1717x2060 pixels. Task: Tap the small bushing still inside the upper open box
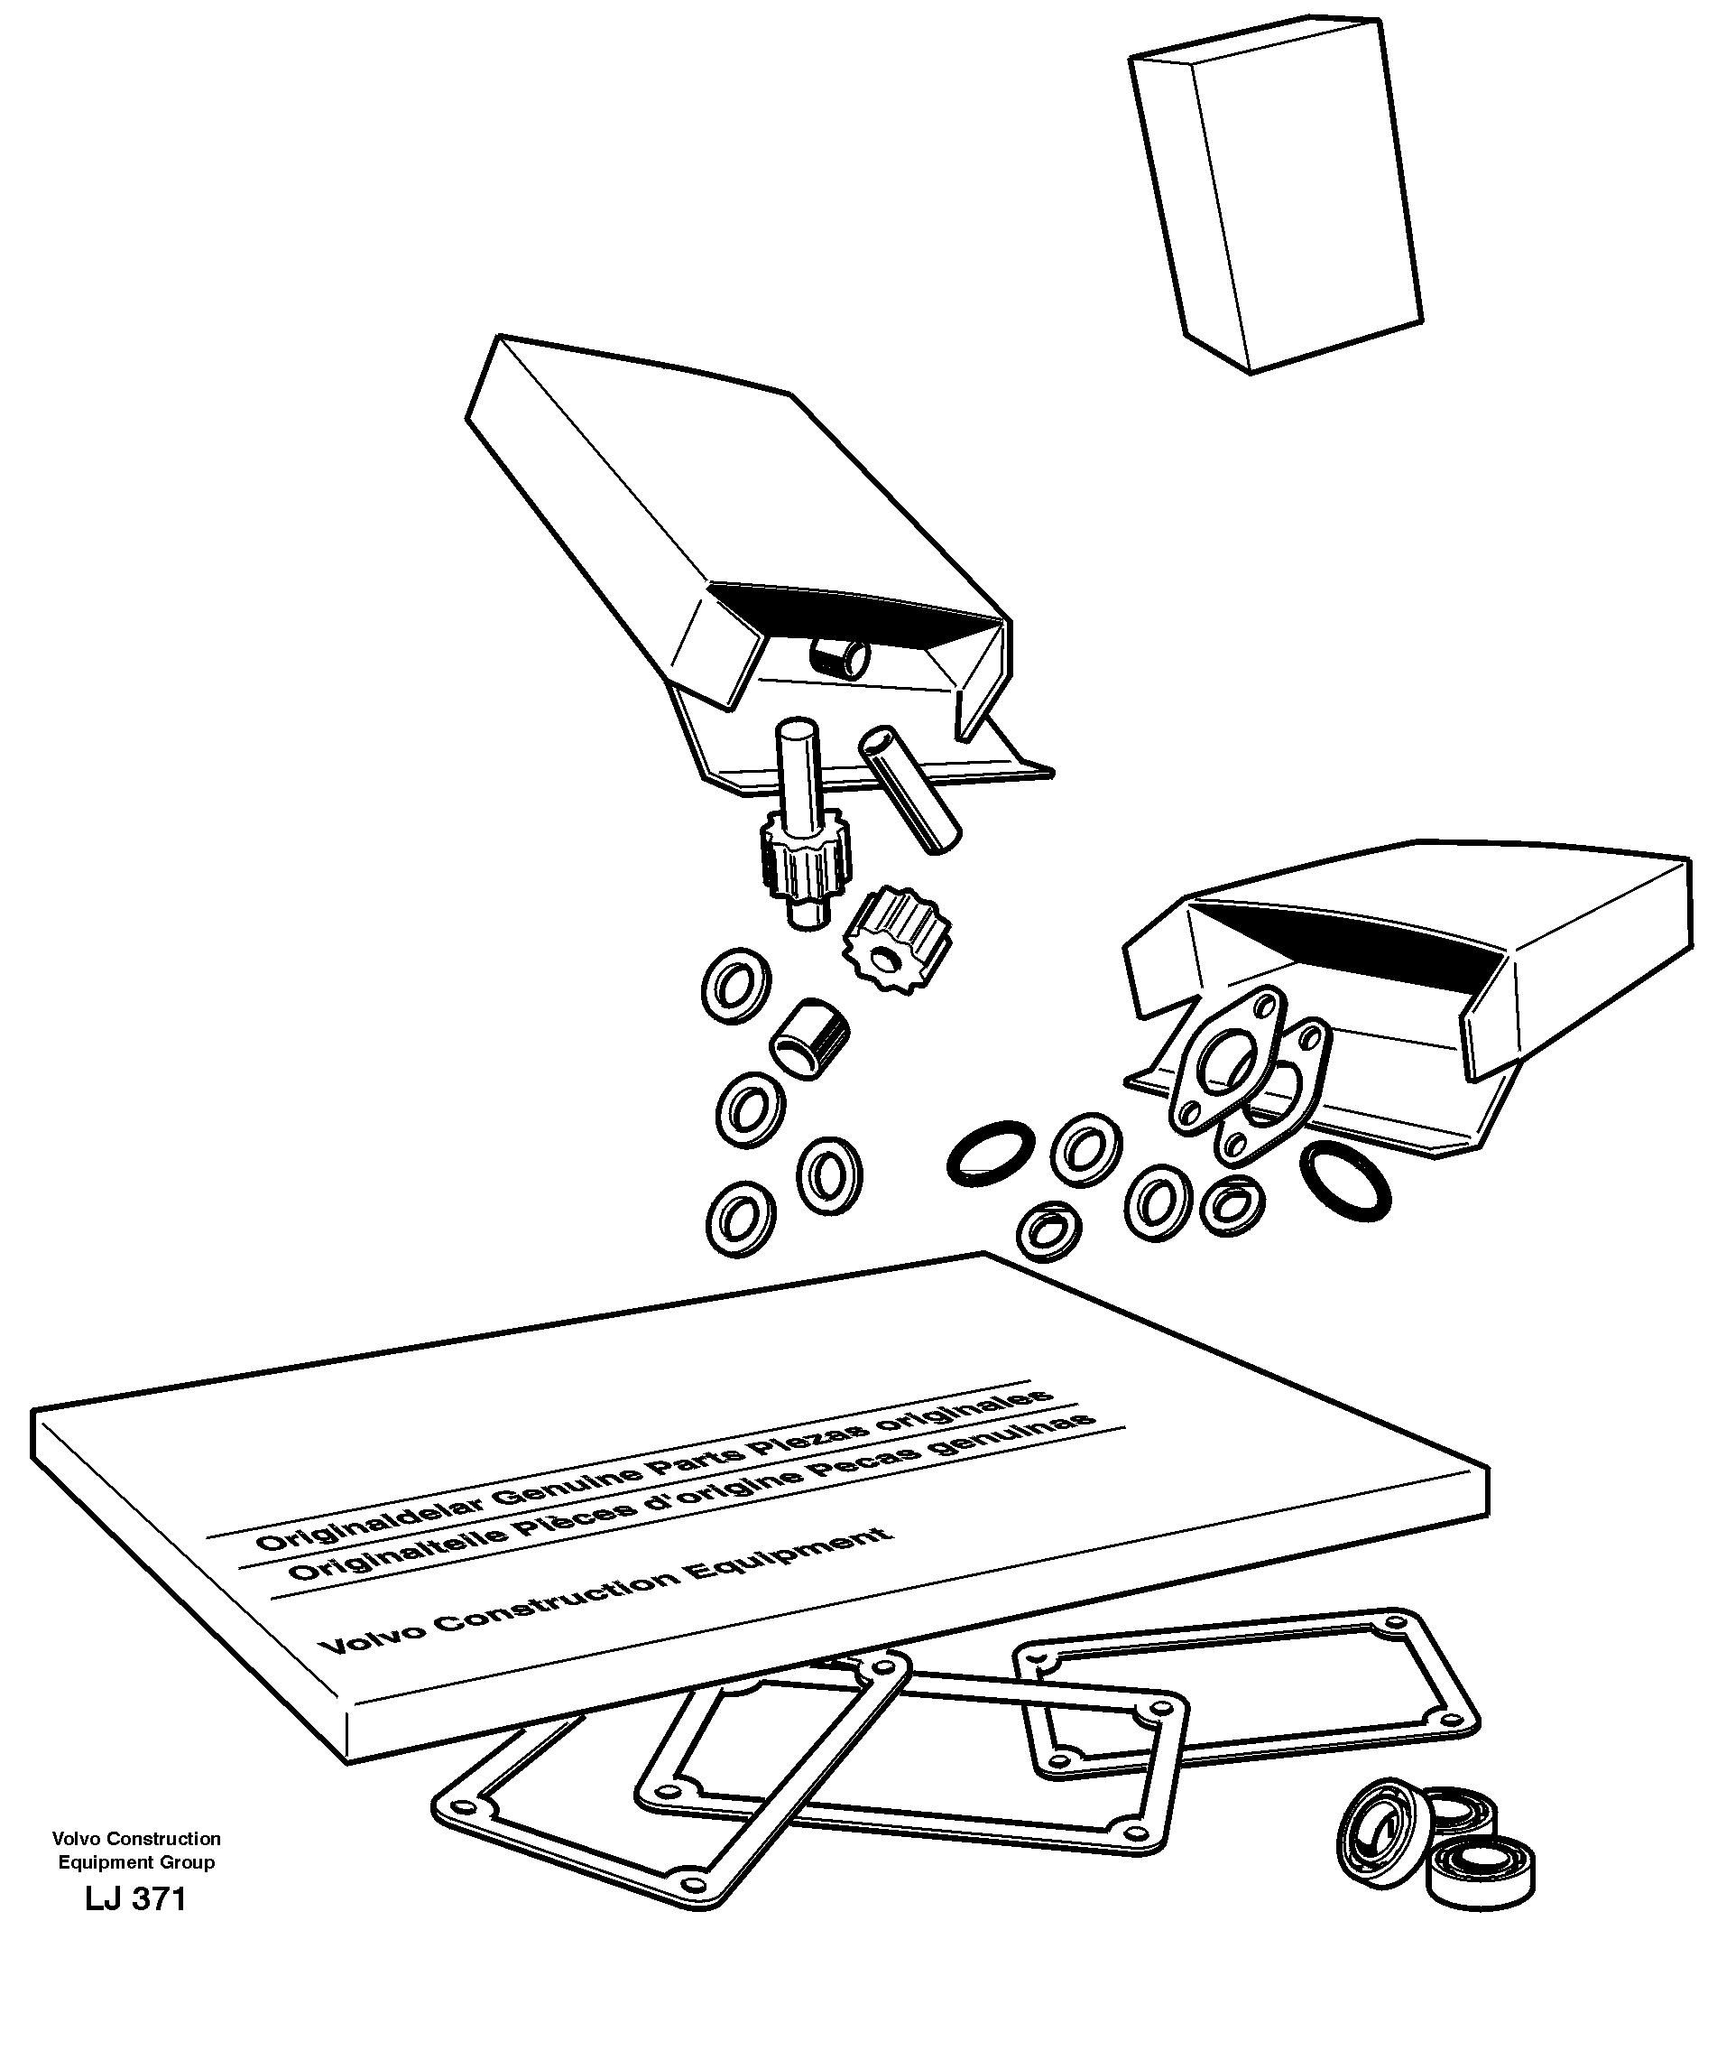[x=840, y=658]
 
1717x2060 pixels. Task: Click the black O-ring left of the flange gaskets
[x=992, y=1151]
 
